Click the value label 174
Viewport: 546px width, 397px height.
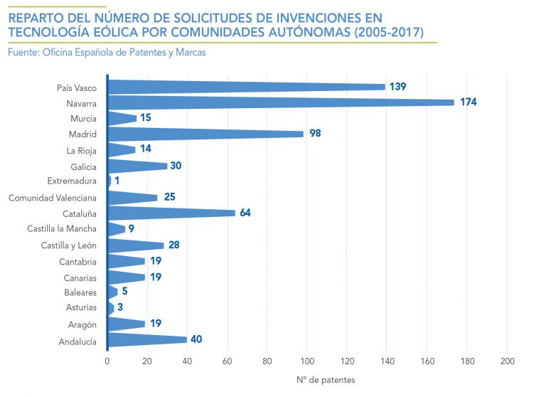click(468, 102)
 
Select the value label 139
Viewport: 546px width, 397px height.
click(397, 87)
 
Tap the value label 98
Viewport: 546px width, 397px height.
click(316, 134)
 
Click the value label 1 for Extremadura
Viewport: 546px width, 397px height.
click(117, 181)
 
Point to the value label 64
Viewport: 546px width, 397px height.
click(245, 213)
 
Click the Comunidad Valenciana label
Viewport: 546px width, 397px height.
click(53, 198)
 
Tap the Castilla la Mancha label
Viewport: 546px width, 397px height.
click(62, 229)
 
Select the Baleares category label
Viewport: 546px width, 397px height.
click(80, 292)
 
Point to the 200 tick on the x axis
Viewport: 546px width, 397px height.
click(507, 361)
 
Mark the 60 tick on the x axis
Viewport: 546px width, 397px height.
click(227, 361)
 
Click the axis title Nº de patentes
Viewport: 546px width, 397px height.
click(326, 380)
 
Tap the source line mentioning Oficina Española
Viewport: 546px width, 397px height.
click(107, 52)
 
